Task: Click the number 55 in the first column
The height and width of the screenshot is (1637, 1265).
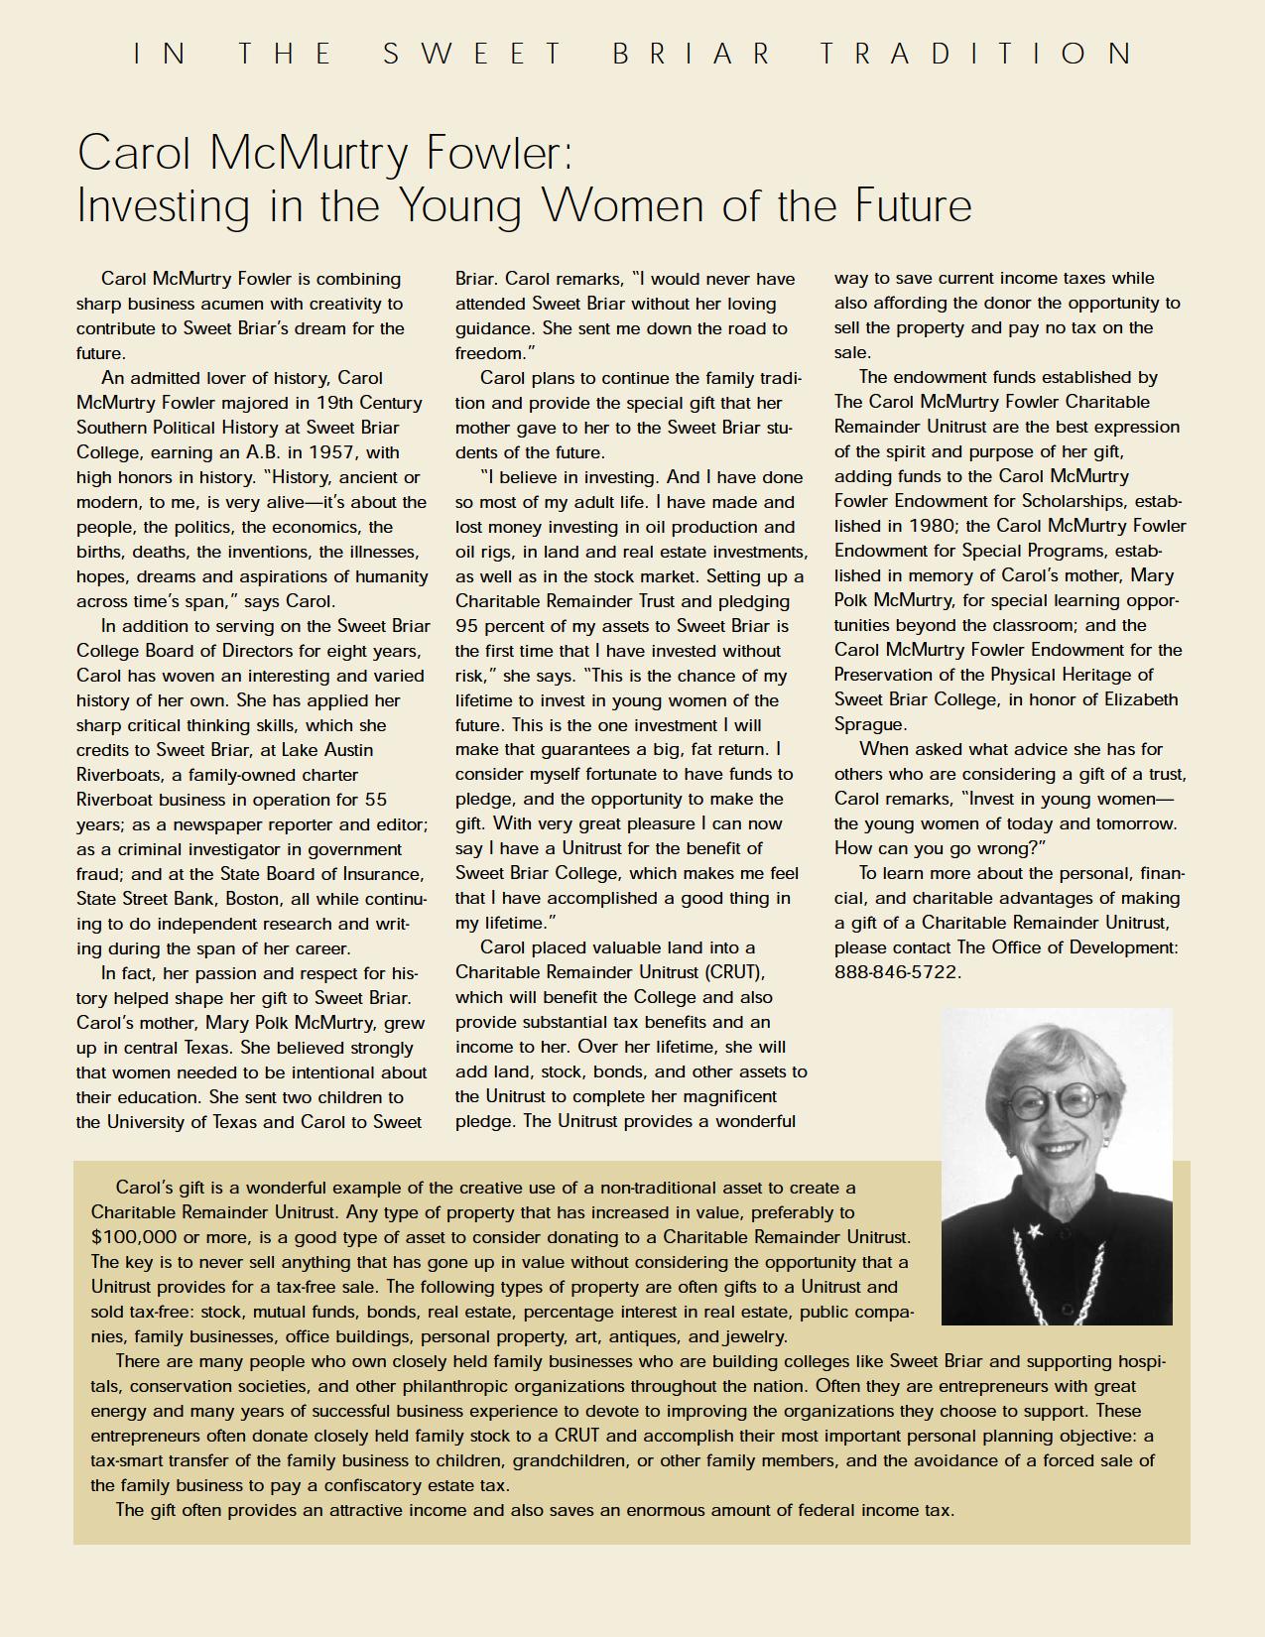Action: tap(375, 800)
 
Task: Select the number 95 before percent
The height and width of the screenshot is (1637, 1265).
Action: tap(466, 626)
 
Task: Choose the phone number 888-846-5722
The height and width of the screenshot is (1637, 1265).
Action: tap(897, 972)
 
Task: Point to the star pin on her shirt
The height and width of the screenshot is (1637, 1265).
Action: tap(1034, 1231)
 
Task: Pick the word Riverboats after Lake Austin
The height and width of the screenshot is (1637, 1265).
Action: tap(118, 775)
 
